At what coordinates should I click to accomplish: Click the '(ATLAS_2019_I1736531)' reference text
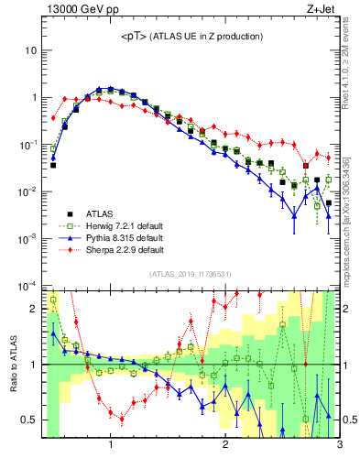(191, 274)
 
